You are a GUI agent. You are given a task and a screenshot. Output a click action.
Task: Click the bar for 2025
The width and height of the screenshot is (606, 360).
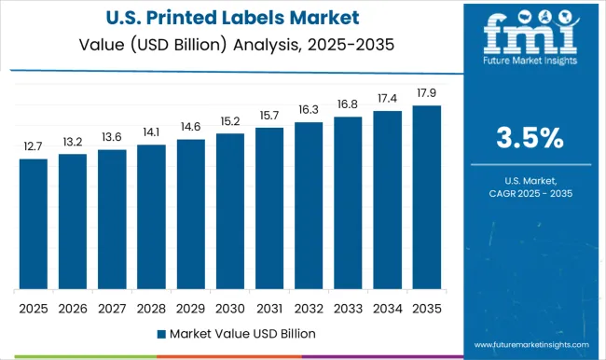pyautogui.click(x=33, y=224)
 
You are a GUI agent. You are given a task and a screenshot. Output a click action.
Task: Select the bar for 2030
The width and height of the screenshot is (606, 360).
pyautogui.click(x=230, y=211)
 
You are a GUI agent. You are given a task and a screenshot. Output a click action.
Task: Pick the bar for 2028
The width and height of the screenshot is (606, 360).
pyautogui.click(x=151, y=216)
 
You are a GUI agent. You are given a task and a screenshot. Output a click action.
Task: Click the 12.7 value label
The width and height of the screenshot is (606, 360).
pyautogui.click(x=33, y=146)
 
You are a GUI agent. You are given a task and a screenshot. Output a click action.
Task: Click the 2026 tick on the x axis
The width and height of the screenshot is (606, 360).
pyautogui.click(x=72, y=307)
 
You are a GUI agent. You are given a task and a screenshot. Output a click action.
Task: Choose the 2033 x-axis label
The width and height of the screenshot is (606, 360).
pyautogui.click(x=349, y=307)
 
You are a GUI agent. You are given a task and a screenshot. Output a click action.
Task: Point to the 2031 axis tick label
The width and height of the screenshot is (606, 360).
pyautogui.click(x=269, y=307)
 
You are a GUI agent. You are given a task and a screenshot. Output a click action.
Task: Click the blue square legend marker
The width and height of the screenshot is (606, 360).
pyautogui.click(x=160, y=333)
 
